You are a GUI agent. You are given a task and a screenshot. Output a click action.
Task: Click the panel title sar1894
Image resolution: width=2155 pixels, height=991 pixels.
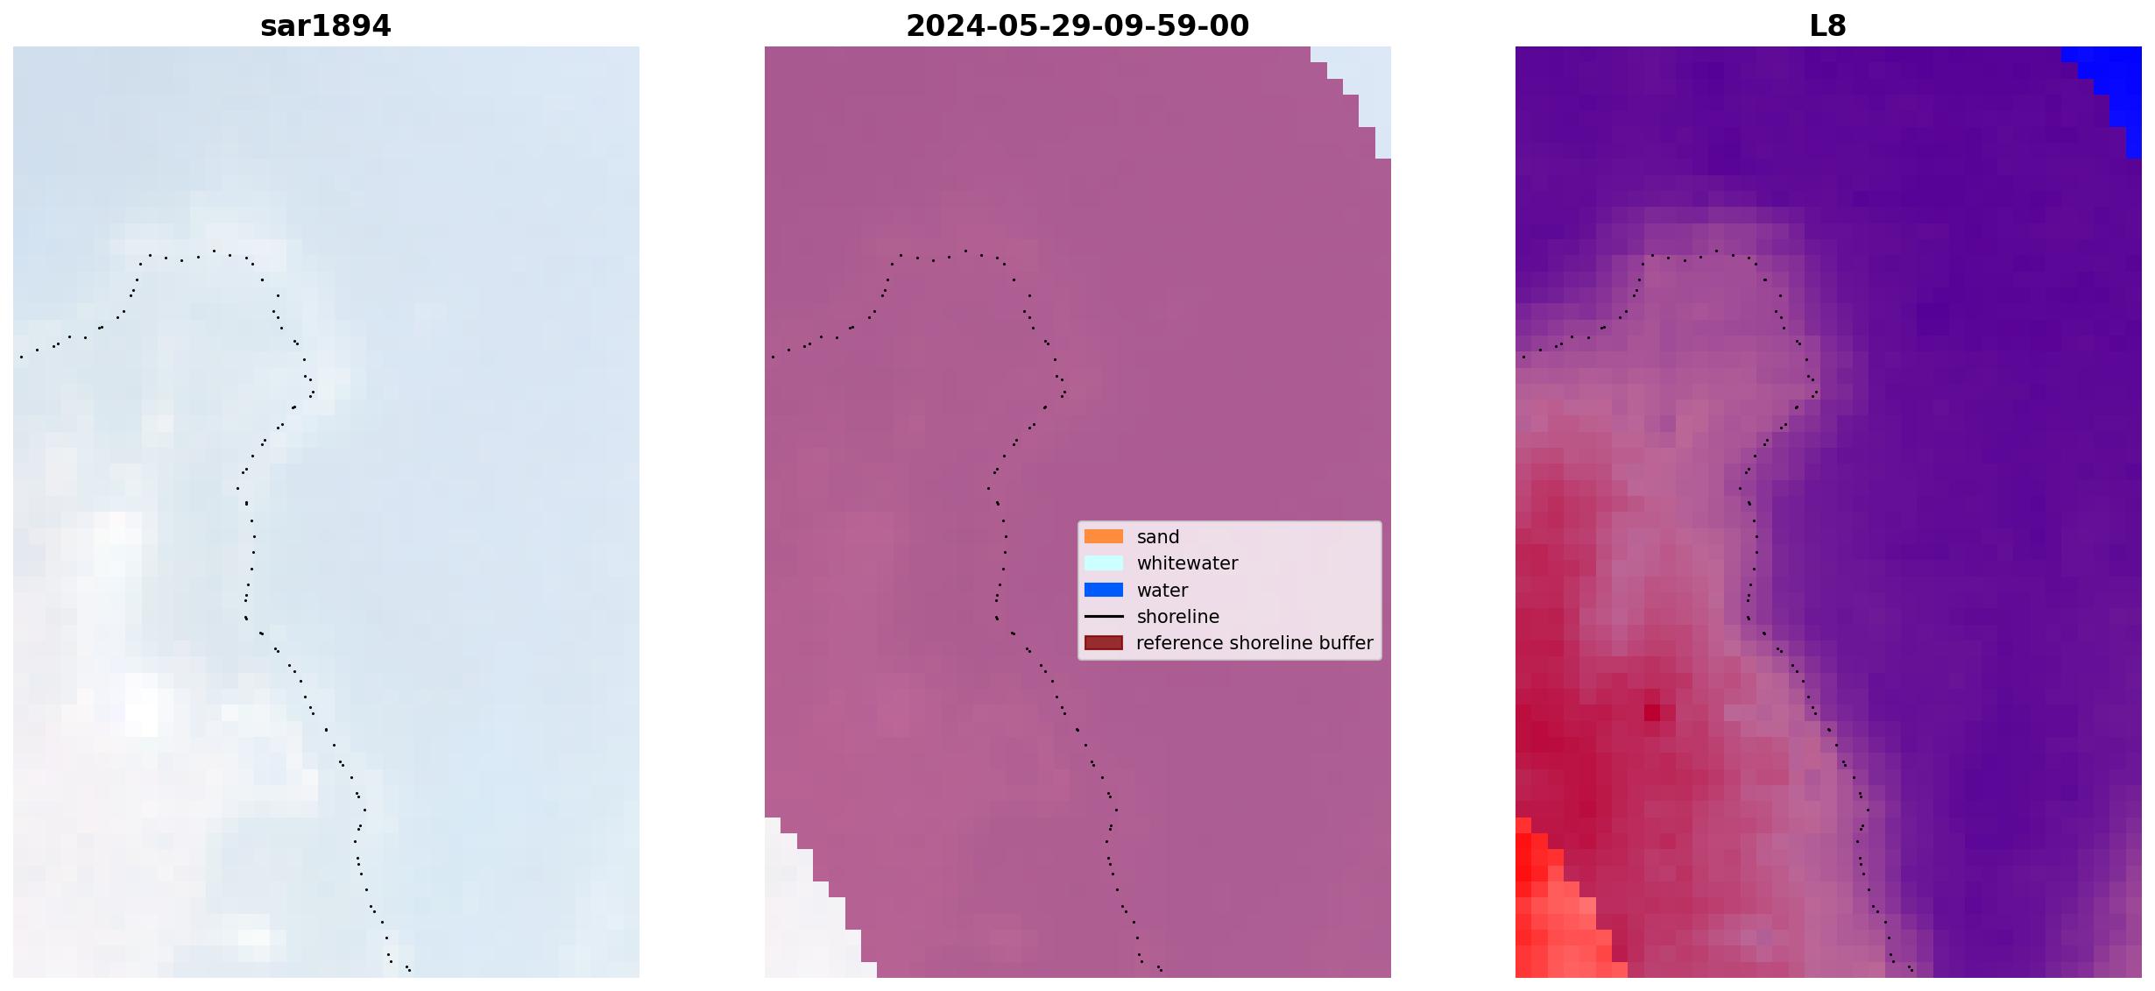point(325,26)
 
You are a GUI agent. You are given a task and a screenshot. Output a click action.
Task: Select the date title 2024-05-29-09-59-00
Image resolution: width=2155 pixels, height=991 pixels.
point(1077,26)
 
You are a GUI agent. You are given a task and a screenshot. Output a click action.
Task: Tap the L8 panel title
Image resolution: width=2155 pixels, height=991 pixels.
point(1827,26)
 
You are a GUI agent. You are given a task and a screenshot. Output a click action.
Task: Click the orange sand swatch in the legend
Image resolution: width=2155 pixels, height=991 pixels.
point(1104,536)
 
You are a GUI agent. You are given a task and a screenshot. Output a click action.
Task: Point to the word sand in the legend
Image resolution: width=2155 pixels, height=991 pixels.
point(1157,537)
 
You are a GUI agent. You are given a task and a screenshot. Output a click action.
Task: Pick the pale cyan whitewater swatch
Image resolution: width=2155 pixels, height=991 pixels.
point(1104,563)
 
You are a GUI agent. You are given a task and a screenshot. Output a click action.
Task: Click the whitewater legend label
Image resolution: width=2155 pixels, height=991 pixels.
point(1187,563)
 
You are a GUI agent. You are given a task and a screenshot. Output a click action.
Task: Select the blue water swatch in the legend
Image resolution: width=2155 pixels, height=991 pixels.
point(1104,590)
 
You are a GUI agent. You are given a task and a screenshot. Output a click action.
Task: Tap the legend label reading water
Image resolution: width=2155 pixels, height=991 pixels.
point(1162,591)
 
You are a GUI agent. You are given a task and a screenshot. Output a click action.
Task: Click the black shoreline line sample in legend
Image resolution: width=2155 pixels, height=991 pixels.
point(1104,616)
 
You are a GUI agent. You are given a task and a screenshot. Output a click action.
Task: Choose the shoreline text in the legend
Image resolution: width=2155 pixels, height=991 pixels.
point(1177,617)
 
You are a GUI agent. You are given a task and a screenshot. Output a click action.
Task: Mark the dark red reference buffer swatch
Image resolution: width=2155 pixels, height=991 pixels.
point(1104,642)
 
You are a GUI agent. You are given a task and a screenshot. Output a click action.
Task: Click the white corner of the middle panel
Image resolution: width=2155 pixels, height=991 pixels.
point(802,920)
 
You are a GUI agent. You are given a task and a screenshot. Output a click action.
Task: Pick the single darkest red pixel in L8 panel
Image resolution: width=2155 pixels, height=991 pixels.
point(1651,712)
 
